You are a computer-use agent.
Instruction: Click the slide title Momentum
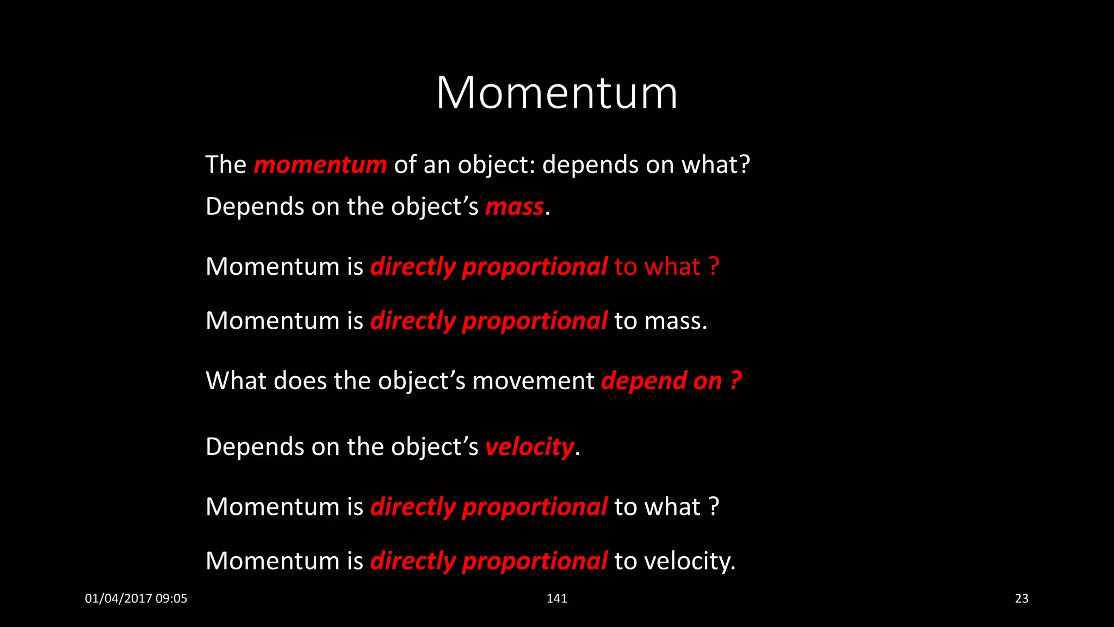556,93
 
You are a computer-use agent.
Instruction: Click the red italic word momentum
320,164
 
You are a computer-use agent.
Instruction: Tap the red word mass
514,207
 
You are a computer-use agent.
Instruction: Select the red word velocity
529,447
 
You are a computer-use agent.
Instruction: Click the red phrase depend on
661,380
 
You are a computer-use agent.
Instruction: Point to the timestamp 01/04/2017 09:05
136,598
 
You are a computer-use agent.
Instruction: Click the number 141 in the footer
556,598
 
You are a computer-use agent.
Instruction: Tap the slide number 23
1021,598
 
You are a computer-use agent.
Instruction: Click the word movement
533,380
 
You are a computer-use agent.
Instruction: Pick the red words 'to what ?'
666,267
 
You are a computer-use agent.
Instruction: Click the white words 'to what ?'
666,507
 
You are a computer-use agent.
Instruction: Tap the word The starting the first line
226,164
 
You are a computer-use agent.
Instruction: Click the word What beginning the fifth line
236,380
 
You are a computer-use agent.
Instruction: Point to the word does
300,380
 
